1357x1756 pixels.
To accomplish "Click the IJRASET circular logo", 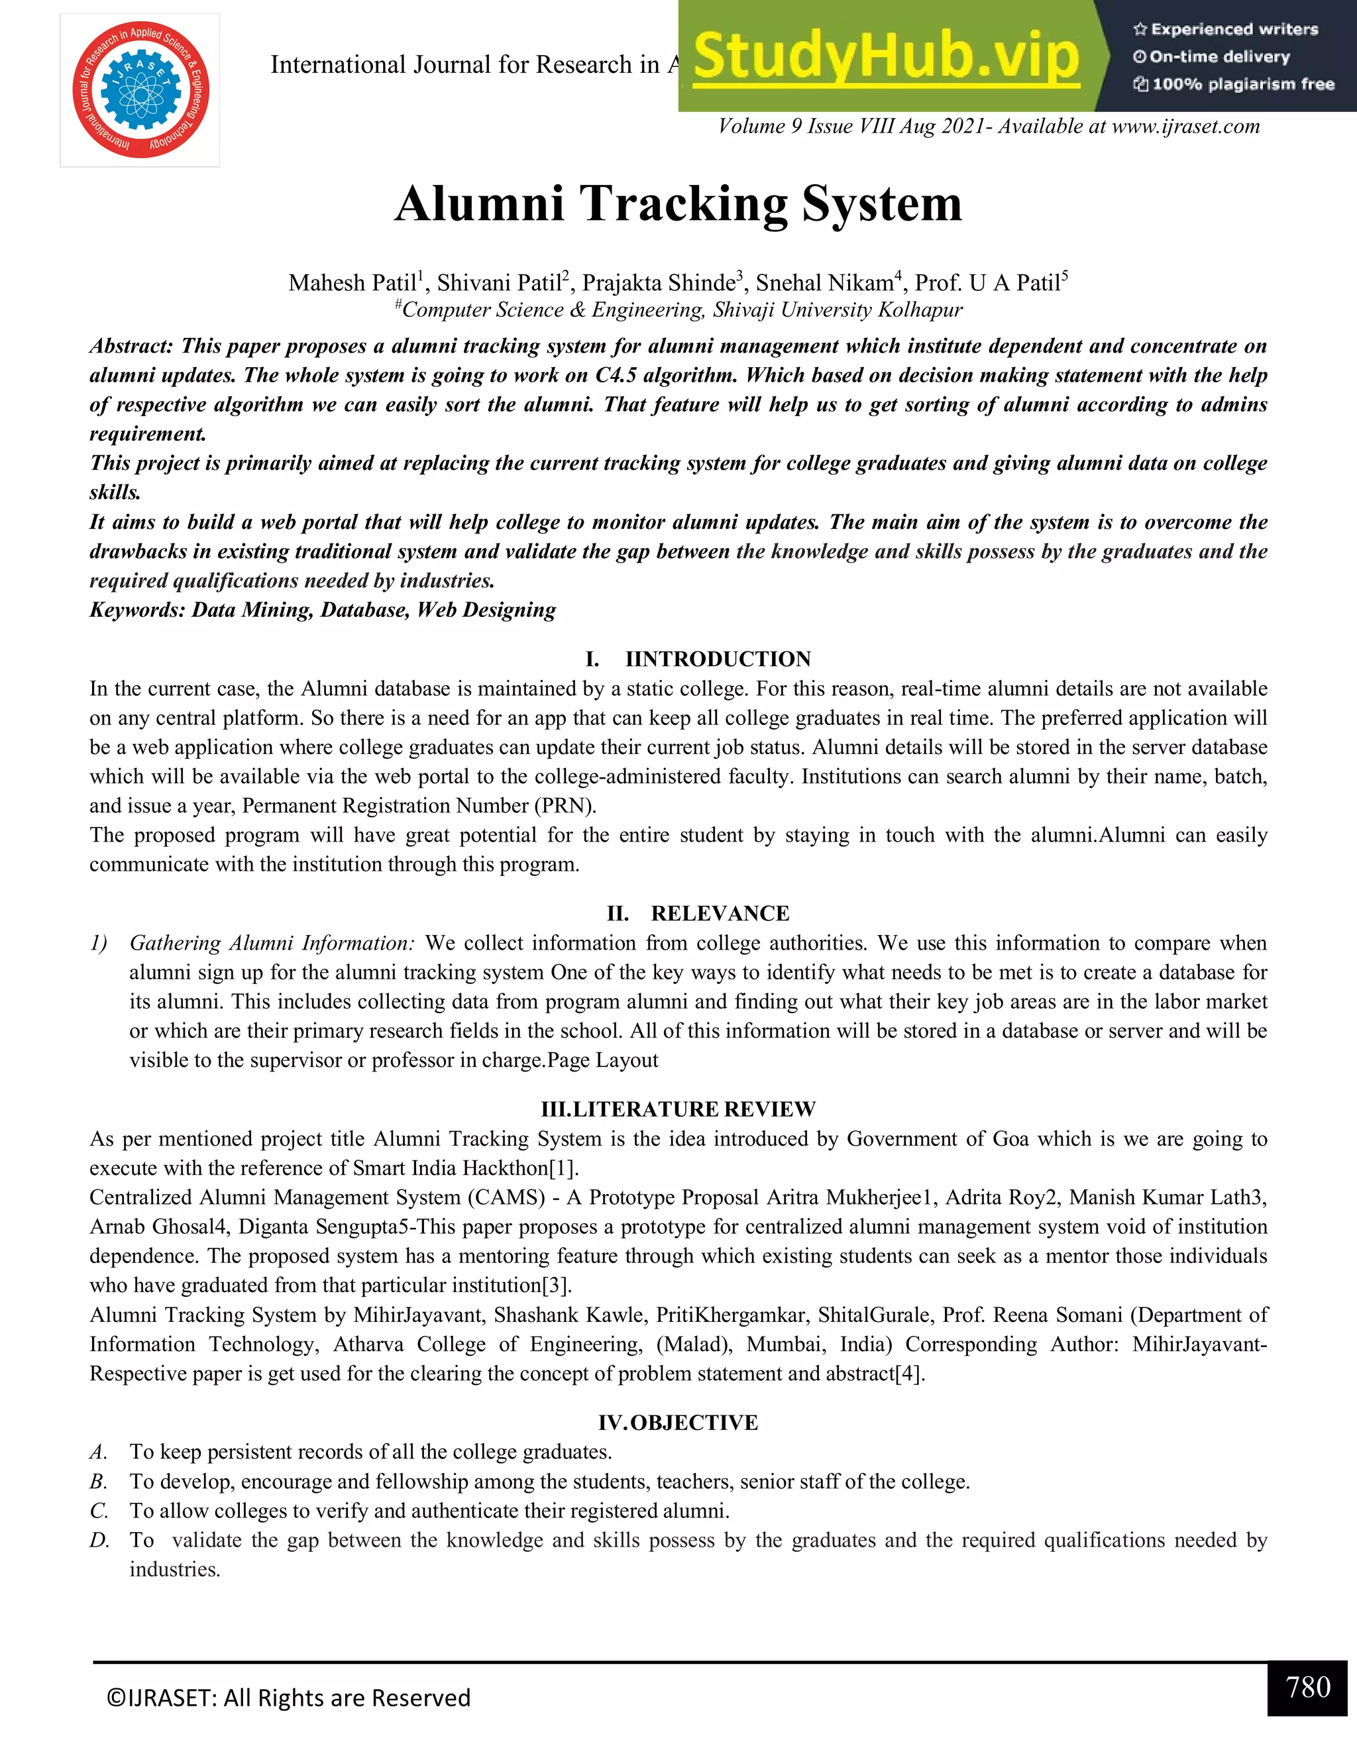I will pyautogui.click(x=140, y=90).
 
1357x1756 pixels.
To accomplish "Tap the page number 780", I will pyautogui.click(x=1307, y=1686).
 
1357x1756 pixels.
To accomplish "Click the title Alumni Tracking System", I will pyautogui.click(x=678, y=203).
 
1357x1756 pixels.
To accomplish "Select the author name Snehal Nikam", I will pyautogui.click(x=825, y=283).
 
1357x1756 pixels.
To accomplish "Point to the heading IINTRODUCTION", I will pyautogui.click(x=717, y=659).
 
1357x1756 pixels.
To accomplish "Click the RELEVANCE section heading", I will pyautogui.click(x=720, y=913).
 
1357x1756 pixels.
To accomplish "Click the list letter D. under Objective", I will pyautogui.click(x=99, y=1540).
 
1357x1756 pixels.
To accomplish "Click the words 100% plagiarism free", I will pyautogui.click(x=1242, y=84).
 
